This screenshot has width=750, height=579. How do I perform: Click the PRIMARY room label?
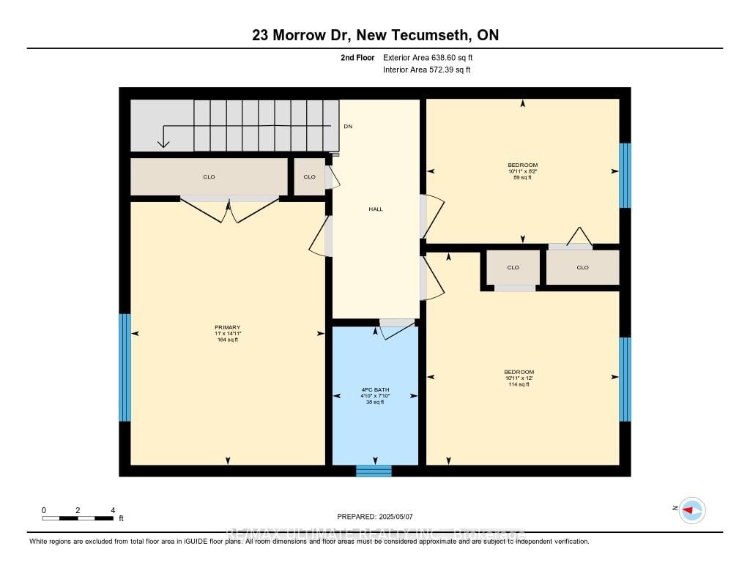click(x=227, y=327)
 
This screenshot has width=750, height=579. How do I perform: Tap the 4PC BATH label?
click(x=375, y=389)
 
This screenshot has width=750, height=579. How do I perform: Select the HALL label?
click(x=375, y=209)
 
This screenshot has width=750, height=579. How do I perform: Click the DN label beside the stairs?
click(x=348, y=127)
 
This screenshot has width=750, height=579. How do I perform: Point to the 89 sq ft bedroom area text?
click(x=522, y=177)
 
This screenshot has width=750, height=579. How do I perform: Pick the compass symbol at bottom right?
click(x=691, y=509)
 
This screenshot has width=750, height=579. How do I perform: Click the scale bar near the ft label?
click(x=78, y=518)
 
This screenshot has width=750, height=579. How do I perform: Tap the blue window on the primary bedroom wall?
click(x=125, y=367)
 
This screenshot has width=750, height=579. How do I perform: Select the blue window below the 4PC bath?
click(x=374, y=471)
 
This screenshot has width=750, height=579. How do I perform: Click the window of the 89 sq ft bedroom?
click(x=625, y=176)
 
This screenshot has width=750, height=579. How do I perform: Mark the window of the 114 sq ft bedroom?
click(x=625, y=379)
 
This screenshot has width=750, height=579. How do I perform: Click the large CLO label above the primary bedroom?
click(x=209, y=177)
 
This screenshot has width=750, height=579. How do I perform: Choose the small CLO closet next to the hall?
click(x=309, y=177)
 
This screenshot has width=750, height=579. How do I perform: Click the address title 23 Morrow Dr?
click(x=374, y=35)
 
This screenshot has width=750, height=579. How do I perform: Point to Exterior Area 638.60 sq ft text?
click(x=433, y=57)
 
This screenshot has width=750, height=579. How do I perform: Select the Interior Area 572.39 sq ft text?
click(x=426, y=70)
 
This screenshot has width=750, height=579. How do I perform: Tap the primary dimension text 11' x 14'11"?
click(x=227, y=334)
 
